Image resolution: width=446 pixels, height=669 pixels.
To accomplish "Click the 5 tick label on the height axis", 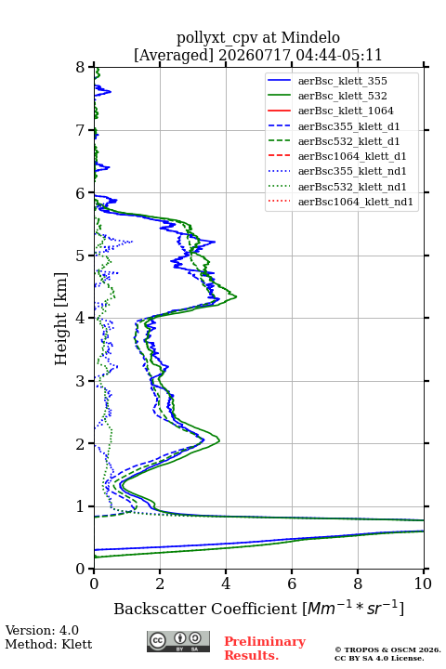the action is tap(80, 256).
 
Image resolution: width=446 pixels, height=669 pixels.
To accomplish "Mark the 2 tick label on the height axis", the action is tap(80, 444).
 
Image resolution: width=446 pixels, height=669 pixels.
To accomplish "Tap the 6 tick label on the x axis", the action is tap(292, 584).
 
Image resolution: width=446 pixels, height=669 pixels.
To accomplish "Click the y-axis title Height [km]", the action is tap(61, 319).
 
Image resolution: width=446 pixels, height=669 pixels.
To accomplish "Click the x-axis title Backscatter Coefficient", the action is tap(204, 609).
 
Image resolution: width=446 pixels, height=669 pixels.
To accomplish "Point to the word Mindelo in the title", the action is tap(310, 37).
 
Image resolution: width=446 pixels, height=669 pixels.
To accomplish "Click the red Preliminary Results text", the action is tap(265, 648).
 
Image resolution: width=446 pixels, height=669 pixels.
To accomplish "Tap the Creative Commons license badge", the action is tap(178, 641).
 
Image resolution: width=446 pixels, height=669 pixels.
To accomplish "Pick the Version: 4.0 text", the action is tap(42, 630).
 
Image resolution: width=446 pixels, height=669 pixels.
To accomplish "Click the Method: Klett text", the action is tap(48, 644).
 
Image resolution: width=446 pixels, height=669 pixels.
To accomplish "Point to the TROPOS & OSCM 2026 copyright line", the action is tap(387, 649).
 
